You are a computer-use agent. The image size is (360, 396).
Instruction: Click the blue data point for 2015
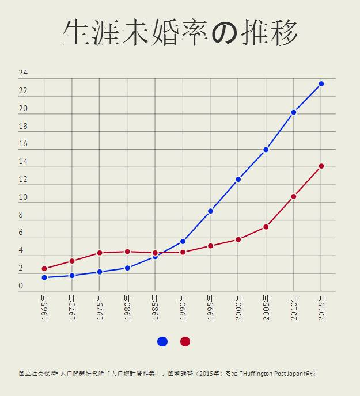321,84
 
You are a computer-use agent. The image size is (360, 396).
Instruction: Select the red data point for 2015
321,166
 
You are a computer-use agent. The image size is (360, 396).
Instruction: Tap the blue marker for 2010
294,112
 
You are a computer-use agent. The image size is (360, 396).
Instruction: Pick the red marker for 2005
266,227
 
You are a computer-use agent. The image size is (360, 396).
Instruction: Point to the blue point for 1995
211,211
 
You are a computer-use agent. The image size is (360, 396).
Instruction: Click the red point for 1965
44,269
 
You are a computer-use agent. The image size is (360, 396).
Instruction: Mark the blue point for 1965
44,277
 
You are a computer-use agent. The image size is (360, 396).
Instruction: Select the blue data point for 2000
238,180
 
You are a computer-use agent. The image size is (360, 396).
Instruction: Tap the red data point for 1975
100,253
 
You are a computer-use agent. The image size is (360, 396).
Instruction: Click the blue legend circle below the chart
162,342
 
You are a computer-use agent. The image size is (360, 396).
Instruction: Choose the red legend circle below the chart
185,342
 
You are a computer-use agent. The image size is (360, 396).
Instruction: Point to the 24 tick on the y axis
23,73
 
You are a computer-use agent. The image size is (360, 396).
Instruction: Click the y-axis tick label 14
23,162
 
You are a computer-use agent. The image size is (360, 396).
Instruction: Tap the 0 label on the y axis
21,286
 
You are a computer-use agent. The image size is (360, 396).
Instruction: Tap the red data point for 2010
294,197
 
